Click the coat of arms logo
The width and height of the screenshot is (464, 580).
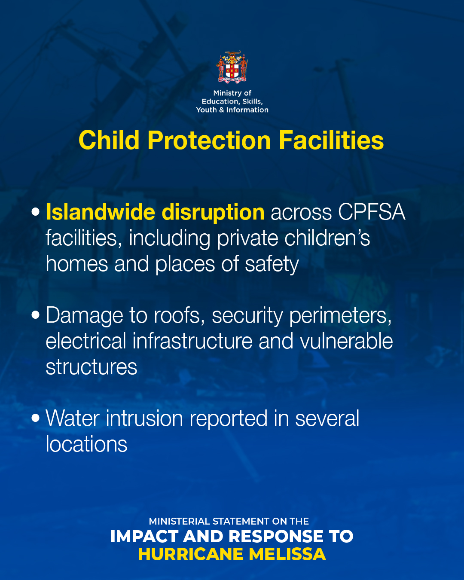[x=232, y=67]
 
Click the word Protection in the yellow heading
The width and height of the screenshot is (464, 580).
[x=209, y=140]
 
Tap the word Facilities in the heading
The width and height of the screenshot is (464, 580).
[x=331, y=140]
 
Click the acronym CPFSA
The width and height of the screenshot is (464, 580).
[x=372, y=212]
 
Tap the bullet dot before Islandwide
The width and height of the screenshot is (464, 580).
[x=36, y=212]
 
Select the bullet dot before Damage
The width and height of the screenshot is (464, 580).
[x=36, y=315]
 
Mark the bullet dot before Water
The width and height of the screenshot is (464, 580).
[x=36, y=418]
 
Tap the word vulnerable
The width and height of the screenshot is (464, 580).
[x=346, y=341]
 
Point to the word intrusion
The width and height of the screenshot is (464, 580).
[x=144, y=418]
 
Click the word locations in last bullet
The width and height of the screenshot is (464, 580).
[x=86, y=444]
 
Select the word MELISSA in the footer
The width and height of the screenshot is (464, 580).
[x=287, y=554]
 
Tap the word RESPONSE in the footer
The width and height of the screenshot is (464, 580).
[x=276, y=537]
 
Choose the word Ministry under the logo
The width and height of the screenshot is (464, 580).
[x=227, y=93]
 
